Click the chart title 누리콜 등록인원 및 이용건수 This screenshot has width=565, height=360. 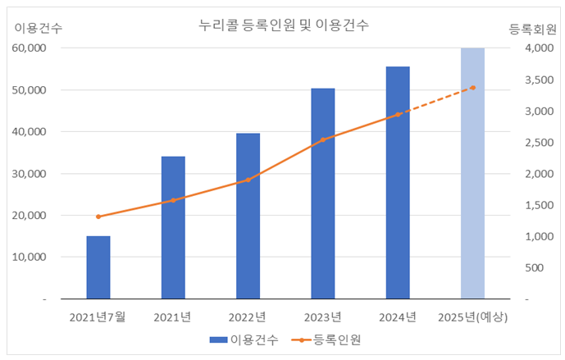(283, 25)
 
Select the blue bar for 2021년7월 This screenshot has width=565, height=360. (98, 267)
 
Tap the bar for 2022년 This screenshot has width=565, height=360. (248, 216)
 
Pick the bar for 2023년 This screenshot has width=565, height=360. (322, 194)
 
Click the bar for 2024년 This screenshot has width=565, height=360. (398, 183)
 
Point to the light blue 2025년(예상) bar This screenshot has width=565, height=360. (472, 173)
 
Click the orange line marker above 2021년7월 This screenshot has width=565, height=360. (98, 216)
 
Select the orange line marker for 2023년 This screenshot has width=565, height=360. (323, 139)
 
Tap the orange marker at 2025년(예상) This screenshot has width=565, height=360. (473, 88)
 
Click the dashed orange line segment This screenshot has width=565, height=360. (435, 101)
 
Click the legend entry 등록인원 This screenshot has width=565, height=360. (328, 339)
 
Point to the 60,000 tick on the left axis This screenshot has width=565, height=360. (30, 48)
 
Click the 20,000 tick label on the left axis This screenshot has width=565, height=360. (30, 216)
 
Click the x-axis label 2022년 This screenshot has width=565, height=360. (248, 317)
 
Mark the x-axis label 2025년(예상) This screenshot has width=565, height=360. (473, 317)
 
